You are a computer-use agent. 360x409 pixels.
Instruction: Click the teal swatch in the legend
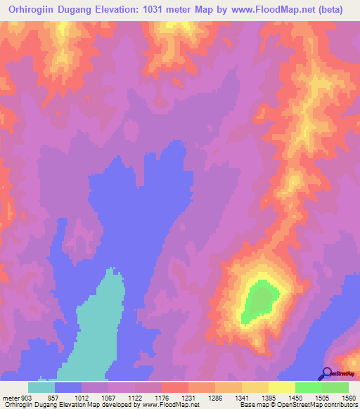41,387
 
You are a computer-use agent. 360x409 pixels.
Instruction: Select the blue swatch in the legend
68,387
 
